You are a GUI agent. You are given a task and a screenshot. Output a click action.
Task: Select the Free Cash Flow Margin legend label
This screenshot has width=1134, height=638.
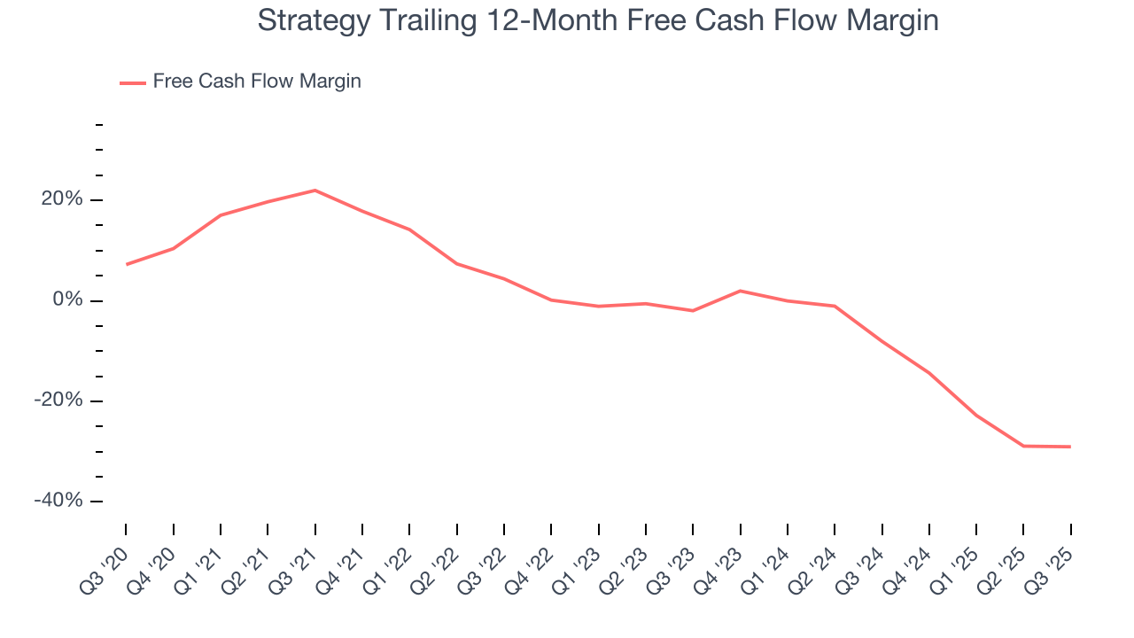click(x=257, y=82)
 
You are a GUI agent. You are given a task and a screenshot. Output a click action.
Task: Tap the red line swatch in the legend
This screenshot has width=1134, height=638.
click(x=133, y=82)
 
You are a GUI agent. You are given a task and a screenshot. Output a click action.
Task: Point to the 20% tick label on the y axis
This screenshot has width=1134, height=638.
click(x=62, y=200)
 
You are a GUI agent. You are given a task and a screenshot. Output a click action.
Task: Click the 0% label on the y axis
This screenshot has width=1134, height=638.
click(x=67, y=300)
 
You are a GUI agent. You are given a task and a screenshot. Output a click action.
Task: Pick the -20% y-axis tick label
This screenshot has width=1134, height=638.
click(x=58, y=401)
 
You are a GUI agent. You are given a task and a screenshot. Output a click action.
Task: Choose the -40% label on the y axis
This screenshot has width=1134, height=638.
click(x=58, y=501)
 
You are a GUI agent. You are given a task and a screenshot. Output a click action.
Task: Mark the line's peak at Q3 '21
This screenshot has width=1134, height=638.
click(x=315, y=191)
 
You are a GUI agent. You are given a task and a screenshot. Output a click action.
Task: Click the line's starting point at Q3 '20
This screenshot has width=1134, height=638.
click(x=127, y=264)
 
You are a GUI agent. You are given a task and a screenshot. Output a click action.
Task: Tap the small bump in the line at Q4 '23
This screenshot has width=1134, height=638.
click(x=740, y=291)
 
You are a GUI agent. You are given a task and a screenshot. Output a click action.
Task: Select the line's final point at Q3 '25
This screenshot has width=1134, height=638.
click(x=1070, y=447)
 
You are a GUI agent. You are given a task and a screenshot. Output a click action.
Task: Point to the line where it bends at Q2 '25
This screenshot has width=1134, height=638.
click(x=1023, y=446)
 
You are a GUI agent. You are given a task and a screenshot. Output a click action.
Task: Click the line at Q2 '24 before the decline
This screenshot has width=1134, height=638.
click(x=835, y=307)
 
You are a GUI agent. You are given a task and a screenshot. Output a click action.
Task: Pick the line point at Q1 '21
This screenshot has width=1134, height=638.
click(x=221, y=215)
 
